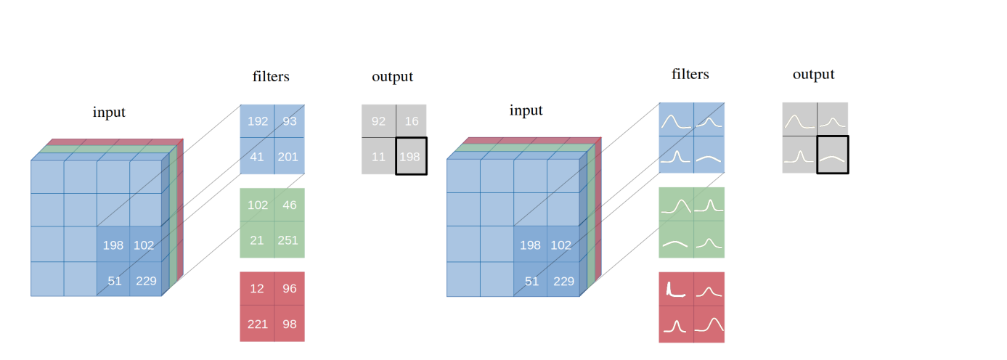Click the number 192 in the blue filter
[x=257, y=122]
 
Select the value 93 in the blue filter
[x=290, y=122]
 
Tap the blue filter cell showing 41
[x=257, y=157]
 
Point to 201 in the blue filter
[x=288, y=157]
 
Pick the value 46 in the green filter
[x=289, y=205]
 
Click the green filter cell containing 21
[x=257, y=240]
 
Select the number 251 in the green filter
[x=288, y=240]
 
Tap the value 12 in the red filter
[x=257, y=289]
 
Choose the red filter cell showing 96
[x=289, y=289]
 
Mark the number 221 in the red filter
[x=257, y=324]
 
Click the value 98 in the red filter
[x=289, y=324]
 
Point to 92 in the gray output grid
[x=378, y=121]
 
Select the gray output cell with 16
[x=412, y=121]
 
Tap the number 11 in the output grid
[x=378, y=156]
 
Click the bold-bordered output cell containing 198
[x=412, y=156]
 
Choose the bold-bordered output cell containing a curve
[x=832, y=155]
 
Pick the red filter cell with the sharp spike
[x=675, y=289]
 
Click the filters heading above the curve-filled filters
[x=690, y=74]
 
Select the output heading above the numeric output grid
[x=392, y=76]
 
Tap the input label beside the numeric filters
[x=109, y=112]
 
